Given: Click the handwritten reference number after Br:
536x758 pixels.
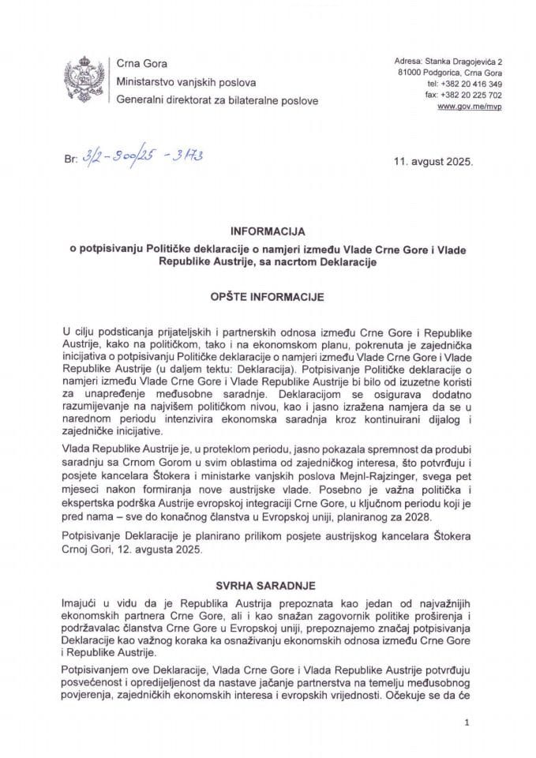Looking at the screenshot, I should coord(141,158).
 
